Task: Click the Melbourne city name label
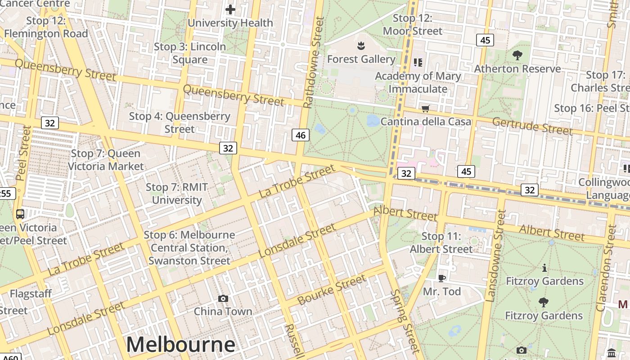(x=180, y=344)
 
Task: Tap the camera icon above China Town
(x=223, y=298)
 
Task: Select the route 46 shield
(x=301, y=135)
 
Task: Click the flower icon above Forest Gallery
(x=360, y=45)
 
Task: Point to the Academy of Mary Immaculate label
(x=418, y=82)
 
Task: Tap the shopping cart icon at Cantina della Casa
(x=425, y=108)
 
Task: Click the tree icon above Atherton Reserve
(x=517, y=55)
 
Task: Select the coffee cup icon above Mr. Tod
(x=442, y=278)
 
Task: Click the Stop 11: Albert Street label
(x=441, y=243)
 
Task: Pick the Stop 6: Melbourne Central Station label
(x=189, y=247)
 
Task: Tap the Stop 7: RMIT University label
(x=176, y=193)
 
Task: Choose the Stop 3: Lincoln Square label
(x=190, y=53)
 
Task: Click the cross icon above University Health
(x=230, y=9)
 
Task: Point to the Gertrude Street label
(x=532, y=126)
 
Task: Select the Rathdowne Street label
(x=314, y=63)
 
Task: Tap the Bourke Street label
(x=332, y=290)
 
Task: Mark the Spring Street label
(x=404, y=320)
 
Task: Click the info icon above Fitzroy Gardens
(x=544, y=268)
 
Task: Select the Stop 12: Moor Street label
(x=413, y=24)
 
